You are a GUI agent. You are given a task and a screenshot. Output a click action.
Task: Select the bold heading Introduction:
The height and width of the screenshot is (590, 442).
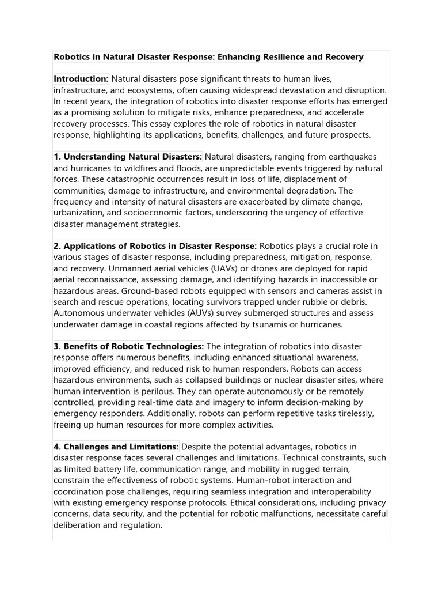pyautogui.click(x=81, y=79)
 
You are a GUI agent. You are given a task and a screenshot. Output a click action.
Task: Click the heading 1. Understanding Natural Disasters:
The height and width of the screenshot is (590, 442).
pyautogui.click(x=128, y=157)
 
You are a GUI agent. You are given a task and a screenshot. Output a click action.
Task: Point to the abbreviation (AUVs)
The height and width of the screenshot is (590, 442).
pyautogui.click(x=197, y=313)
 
